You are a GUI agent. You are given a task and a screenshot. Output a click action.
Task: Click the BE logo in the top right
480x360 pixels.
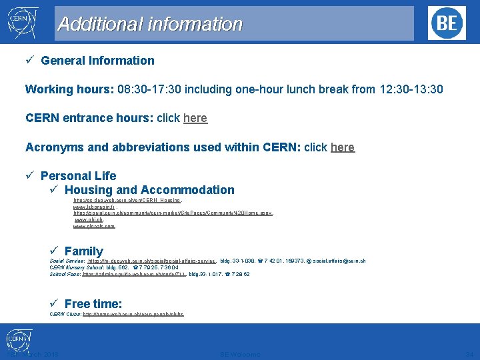(447, 23)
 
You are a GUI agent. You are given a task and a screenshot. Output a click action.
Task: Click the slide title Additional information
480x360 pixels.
(150, 25)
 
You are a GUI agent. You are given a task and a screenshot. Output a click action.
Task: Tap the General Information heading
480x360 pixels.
(97, 61)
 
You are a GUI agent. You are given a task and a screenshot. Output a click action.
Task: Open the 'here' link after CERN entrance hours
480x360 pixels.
(195, 118)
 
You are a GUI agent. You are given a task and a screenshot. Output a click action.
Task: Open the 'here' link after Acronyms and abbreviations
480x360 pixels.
(342, 147)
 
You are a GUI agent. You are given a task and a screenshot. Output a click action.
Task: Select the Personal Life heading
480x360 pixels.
(78, 176)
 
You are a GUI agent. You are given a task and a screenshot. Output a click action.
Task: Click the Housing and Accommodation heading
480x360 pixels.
(149, 190)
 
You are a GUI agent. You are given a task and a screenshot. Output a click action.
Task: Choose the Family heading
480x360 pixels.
(83, 251)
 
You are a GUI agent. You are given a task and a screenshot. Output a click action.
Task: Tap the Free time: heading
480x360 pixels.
(93, 304)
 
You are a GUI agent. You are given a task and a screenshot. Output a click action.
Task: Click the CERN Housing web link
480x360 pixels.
(127, 200)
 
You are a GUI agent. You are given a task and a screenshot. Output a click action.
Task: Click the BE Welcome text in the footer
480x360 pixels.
(240, 354)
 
